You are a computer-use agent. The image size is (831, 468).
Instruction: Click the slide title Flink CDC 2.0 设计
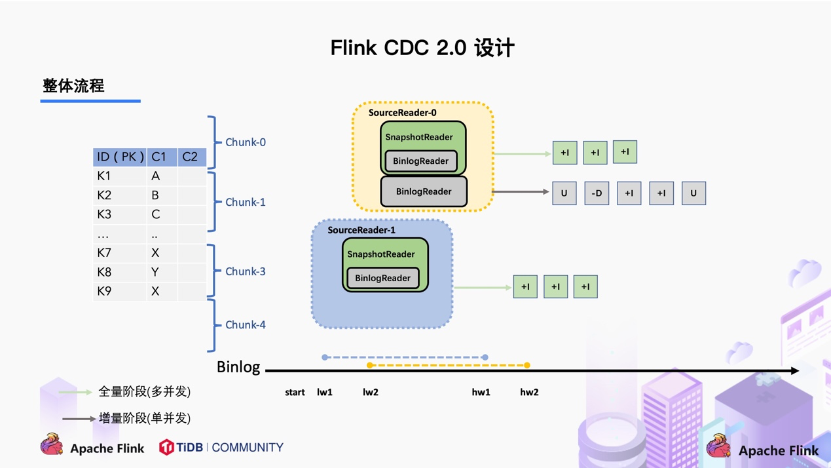(x=422, y=48)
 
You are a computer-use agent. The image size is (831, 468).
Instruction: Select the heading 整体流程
(x=73, y=86)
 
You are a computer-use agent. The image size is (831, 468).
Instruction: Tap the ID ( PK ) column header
(x=120, y=157)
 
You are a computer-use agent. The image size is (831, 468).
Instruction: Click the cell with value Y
(x=155, y=272)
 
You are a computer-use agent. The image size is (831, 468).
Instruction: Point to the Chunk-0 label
(x=245, y=142)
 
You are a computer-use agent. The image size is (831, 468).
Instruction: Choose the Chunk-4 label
(x=245, y=324)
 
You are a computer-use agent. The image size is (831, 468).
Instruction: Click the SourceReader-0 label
(x=402, y=113)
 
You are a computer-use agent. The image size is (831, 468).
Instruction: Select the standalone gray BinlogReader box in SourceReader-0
(x=424, y=191)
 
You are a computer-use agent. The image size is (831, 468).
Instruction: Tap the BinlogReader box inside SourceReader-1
(x=382, y=278)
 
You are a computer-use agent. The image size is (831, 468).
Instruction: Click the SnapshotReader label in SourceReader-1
(x=380, y=254)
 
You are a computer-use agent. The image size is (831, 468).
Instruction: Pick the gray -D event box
(x=597, y=193)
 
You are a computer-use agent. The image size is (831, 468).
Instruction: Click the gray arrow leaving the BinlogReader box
(x=520, y=192)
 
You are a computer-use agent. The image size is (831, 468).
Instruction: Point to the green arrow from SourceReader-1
(x=483, y=288)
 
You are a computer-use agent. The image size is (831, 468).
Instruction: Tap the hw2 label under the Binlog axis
(x=529, y=392)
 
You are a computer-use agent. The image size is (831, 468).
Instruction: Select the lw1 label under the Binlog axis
(x=325, y=392)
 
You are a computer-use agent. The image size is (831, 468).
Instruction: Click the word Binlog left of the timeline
(x=238, y=367)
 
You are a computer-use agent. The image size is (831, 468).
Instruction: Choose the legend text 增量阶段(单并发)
(x=144, y=418)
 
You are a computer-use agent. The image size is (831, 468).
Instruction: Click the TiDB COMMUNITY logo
(x=221, y=448)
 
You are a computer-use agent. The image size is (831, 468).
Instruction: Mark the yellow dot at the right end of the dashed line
(x=527, y=365)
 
